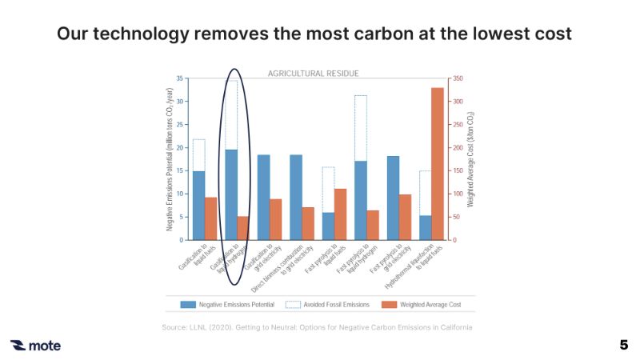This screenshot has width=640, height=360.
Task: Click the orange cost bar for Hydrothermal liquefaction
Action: [x=438, y=164]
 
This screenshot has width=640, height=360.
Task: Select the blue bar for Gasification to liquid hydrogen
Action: [x=230, y=194]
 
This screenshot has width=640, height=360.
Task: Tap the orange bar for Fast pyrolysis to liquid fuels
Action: [x=340, y=214]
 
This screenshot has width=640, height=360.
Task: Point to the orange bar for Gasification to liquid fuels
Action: [x=211, y=218]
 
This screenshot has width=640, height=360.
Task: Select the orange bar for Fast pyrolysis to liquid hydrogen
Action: [x=373, y=225]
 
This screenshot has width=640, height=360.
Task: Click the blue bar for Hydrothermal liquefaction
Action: [x=425, y=227]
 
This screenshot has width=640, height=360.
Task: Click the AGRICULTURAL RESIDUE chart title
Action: [x=313, y=74]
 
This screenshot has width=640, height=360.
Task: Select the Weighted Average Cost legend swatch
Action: [x=389, y=304]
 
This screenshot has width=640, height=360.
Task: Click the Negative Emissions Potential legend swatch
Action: [x=188, y=304]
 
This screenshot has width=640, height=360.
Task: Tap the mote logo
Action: [x=35, y=346]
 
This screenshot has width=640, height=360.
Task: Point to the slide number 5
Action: [x=623, y=345]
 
